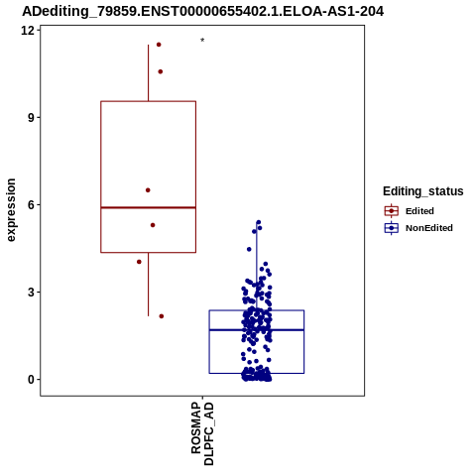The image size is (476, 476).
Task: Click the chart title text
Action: coord(202,11)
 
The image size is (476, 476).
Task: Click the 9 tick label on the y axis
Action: coord(31,118)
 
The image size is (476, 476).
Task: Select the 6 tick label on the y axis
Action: coord(31,205)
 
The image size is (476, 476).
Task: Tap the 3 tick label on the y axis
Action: coord(31,293)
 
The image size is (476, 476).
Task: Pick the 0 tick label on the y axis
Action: coord(31,380)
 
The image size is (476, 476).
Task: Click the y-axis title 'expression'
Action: coord(11,210)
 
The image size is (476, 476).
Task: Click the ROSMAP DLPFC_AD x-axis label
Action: coord(202,433)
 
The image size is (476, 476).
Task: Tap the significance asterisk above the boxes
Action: coord(202,41)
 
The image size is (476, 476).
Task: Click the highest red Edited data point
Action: coord(159,45)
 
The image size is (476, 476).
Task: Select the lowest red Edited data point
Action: coord(162,316)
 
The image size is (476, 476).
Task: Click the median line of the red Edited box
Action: coord(149,207)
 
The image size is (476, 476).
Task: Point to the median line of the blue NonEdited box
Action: coord(257,330)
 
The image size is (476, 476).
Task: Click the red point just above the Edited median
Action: coord(148,190)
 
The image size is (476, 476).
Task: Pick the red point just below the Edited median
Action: coord(153,225)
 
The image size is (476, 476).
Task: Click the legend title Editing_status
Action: coord(423,191)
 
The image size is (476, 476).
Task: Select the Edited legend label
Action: coord(419,211)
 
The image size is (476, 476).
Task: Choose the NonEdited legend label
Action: coord(429,228)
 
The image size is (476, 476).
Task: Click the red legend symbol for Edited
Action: coord(392,211)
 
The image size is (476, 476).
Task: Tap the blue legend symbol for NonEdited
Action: coord(392,228)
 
